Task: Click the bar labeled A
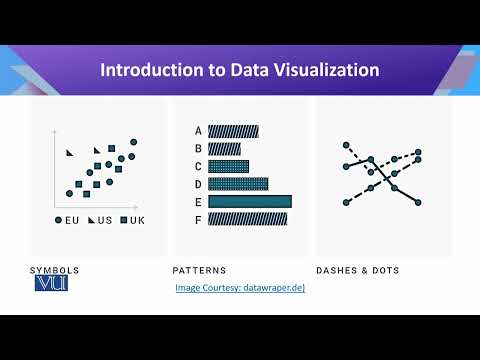[x=232, y=130]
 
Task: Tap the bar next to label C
[x=227, y=166]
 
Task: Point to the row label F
[x=198, y=220]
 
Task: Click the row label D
[x=198, y=184]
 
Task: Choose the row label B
[x=198, y=148]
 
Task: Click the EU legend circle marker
[x=59, y=220]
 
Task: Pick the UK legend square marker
[x=123, y=220]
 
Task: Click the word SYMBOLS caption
[x=54, y=270]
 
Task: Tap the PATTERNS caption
[x=199, y=270]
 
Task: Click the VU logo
[x=50, y=285]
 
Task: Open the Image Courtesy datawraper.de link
[x=239, y=288]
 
